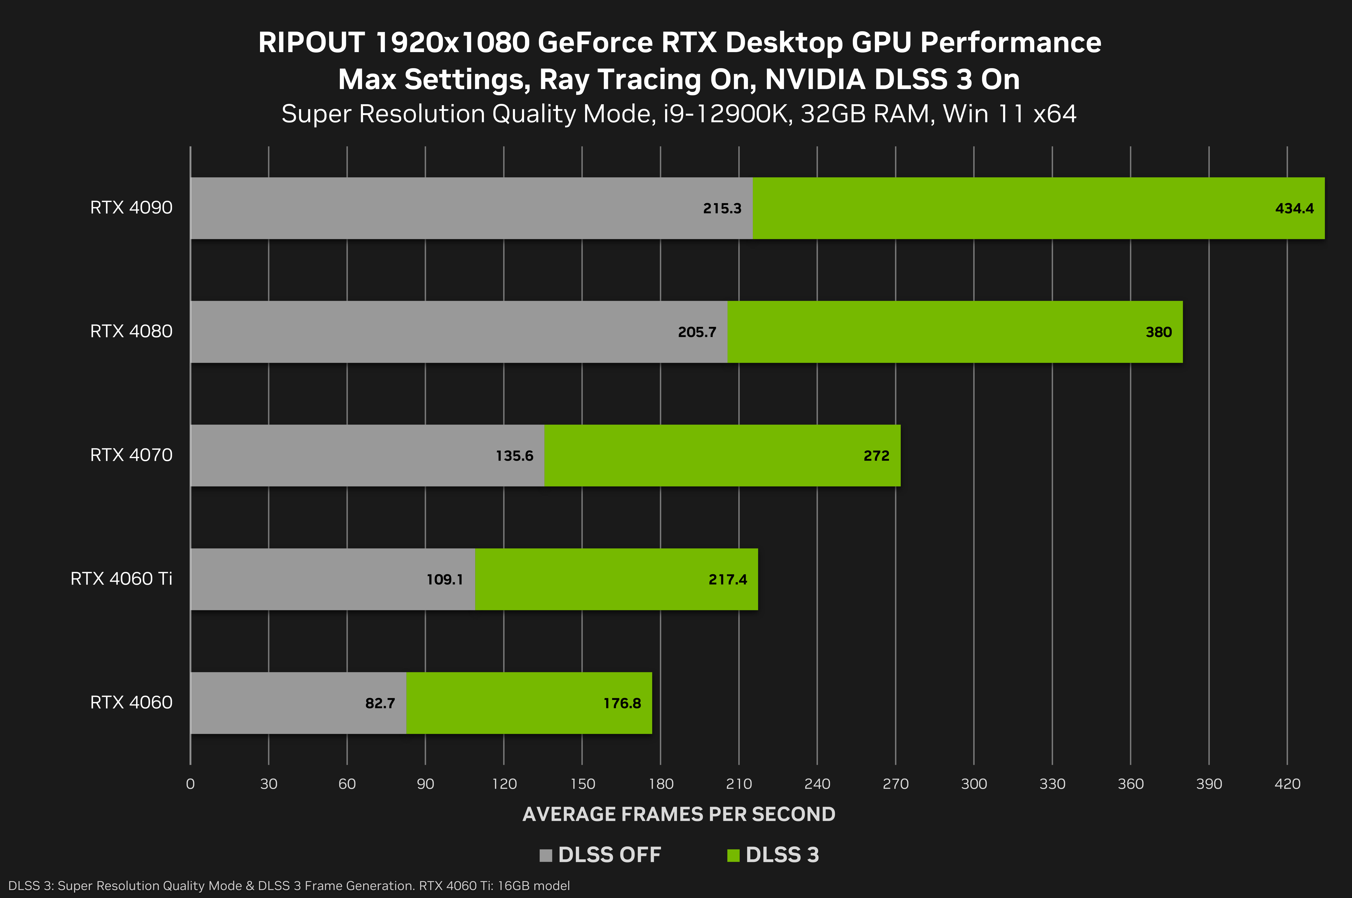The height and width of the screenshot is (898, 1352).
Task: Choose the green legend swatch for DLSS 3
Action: click(733, 855)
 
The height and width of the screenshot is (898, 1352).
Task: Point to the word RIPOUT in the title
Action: click(311, 42)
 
